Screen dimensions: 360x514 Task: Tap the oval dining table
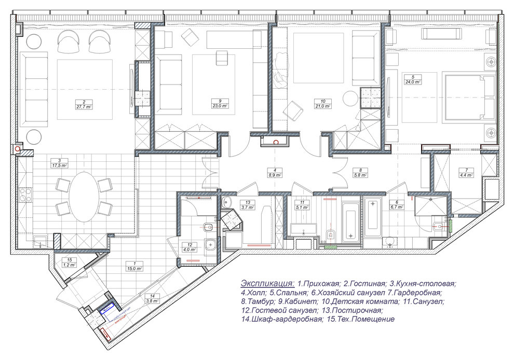[x=84, y=197]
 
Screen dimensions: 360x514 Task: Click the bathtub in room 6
[x=372, y=219]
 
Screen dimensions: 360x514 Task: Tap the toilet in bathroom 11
[x=330, y=237]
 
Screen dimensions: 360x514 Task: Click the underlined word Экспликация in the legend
[x=267, y=284]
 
